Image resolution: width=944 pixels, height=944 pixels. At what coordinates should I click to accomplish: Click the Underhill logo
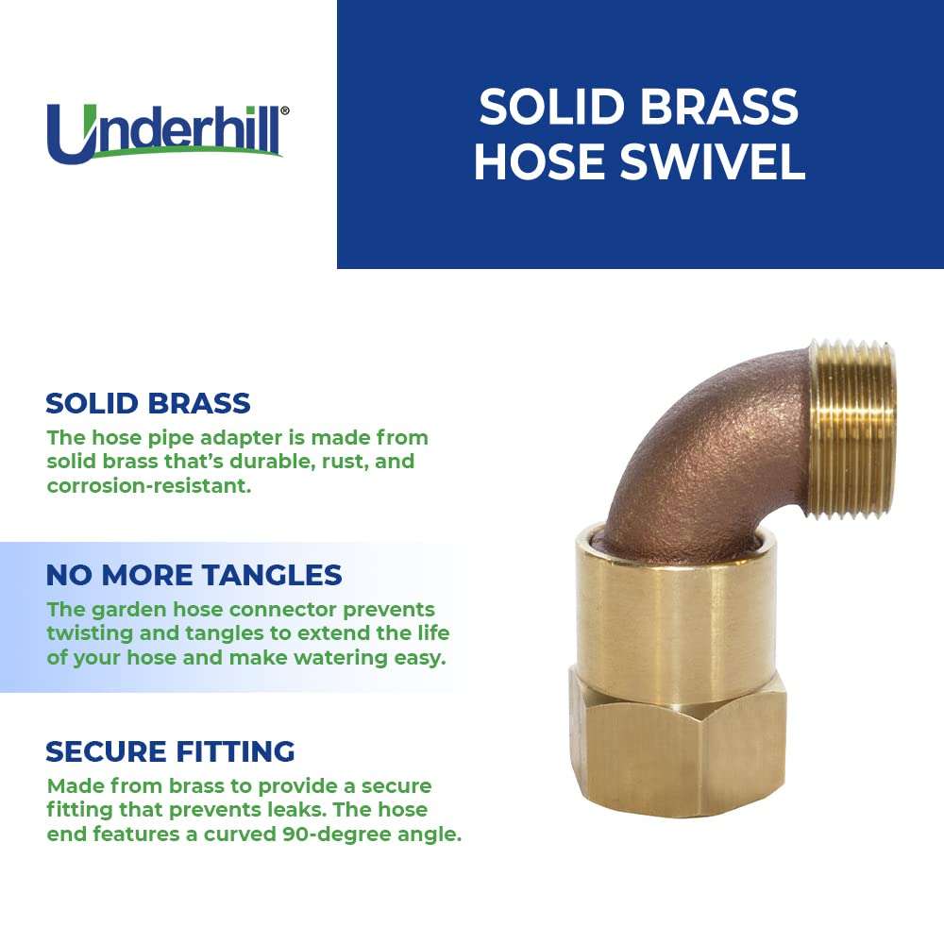166,132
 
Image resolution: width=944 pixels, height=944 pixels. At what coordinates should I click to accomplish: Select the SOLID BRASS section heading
148,403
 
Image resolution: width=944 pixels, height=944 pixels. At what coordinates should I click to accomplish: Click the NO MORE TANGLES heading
194,574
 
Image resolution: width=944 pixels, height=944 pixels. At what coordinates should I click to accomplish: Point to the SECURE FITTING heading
170,751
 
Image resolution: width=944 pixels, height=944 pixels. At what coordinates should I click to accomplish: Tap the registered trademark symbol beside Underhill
284,110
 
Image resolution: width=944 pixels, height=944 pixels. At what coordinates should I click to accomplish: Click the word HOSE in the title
536,161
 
